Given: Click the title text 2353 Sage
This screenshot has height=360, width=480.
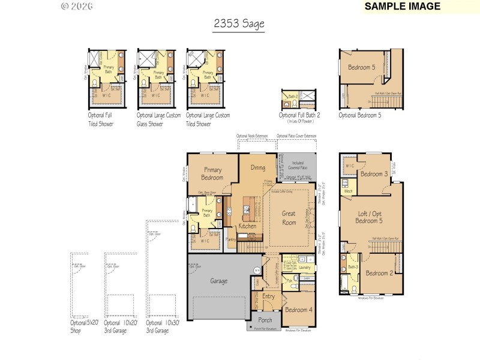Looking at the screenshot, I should pyautogui.click(x=239, y=24).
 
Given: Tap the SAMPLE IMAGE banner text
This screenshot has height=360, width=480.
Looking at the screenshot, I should pyautogui.click(x=402, y=7).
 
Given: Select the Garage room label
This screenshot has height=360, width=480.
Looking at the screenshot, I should pyautogui.click(x=218, y=280).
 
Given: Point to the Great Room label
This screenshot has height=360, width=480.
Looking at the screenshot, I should pyautogui.click(x=289, y=218).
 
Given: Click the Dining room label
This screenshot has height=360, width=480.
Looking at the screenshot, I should pyautogui.click(x=258, y=168).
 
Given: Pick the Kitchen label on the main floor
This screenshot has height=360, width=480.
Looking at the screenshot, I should pyautogui.click(x=247, y=226).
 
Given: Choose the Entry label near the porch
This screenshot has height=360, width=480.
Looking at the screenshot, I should pyautogui.click(x=268, y=296).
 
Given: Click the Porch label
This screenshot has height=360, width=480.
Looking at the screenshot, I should pyautogui.click(x=265, y=320).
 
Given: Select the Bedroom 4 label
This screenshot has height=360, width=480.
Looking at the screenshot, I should pyautogui.click(x=298, y=310).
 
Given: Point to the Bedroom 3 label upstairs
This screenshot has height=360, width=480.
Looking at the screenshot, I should pyautogui.click(x=374, y=174).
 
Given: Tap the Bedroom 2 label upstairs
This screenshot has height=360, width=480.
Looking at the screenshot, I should pyautogui.click(x=379, y=273).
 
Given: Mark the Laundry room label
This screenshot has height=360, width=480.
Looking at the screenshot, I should pyautogui.click(x=304, y=267).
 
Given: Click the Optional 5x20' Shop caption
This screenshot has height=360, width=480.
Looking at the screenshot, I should pyautogui.click(x=83, y=326).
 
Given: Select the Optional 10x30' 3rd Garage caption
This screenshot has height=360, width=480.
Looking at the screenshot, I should pyautogui.click(x=163, y=326).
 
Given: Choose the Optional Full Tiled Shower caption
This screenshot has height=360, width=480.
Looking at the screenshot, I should pyautogui.click(x=100, y=119).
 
